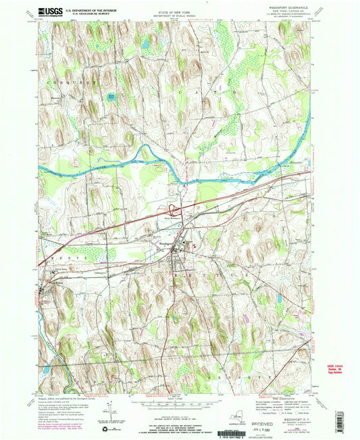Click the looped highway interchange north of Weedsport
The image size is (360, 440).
[178, 207]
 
